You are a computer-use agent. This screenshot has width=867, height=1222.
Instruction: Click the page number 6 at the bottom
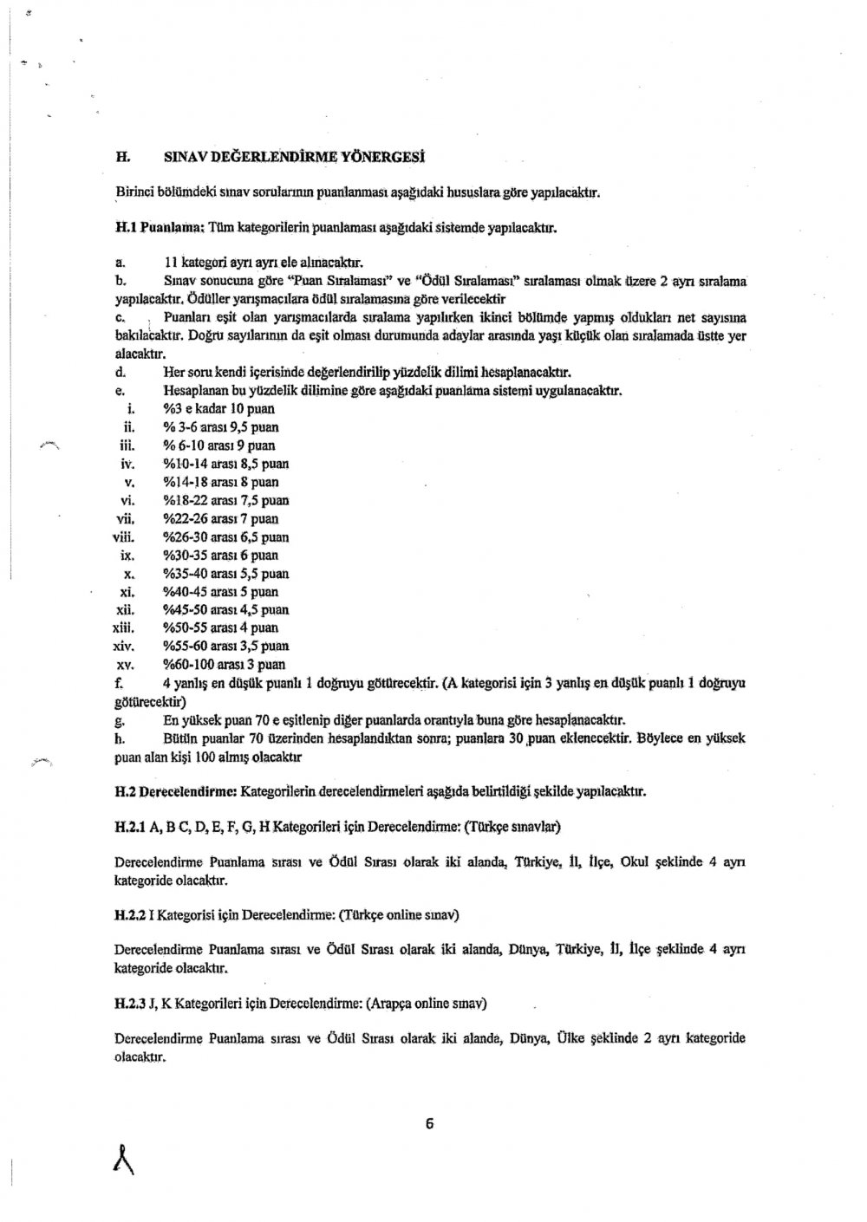tap(429, 1125)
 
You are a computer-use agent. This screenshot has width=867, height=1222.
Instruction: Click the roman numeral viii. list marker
tap(122, 536)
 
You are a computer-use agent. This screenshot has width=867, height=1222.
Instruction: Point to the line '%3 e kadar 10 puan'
tap(218, 408)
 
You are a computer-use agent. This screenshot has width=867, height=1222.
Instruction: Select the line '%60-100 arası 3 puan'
tap(224, 665)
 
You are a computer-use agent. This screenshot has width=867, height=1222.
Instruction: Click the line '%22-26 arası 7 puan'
tap(220, 518)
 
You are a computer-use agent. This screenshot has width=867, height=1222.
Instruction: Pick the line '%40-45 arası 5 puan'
tap(220, 592)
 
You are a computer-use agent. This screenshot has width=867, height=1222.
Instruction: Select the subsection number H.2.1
tap(130, 827)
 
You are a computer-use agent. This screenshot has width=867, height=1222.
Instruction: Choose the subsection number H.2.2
tap(130, 914)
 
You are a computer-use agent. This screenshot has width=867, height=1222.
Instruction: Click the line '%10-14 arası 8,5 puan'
tap(225, 464)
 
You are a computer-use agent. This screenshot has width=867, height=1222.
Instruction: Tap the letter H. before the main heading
tap(122, 158)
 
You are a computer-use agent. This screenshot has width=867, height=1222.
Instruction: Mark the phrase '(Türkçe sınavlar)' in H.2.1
tap(512, 827)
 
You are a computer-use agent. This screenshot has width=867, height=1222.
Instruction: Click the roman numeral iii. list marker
tap(124, 445)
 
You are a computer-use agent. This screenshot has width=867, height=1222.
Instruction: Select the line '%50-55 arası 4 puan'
tap(220, 627)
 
